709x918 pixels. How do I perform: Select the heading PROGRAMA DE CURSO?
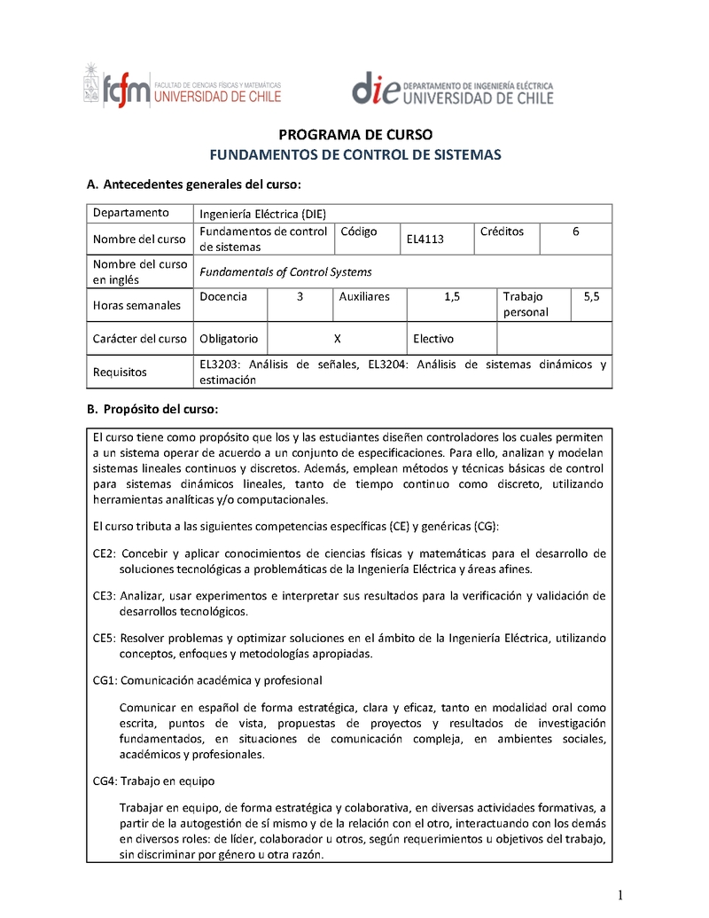coord(355,135)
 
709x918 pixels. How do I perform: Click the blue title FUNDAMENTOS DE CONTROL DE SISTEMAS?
coord(354,154)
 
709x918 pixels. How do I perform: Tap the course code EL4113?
coord(425,239)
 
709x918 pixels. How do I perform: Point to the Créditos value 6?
coord(576,231)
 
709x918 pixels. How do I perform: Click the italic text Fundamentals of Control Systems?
coord(285,272)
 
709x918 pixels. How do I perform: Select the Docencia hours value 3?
coord(300,296)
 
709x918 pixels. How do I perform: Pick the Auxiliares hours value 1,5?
coord(452,296)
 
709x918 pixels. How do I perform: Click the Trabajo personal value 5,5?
coord(591,296)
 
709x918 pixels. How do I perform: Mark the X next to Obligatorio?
coord(337,339)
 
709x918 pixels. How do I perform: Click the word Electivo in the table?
coord(433,339)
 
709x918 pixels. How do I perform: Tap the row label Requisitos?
coord(120,373)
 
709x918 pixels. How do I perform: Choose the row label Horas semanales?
coord(136,305)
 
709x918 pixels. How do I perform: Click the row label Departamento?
coord(130,213)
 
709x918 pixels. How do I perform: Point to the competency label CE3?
coord(105,595)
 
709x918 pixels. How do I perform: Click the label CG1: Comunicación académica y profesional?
coord(207,680)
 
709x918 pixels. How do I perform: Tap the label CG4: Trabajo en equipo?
coord(153,781)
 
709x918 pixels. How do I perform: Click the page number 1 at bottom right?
coord(621,893)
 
